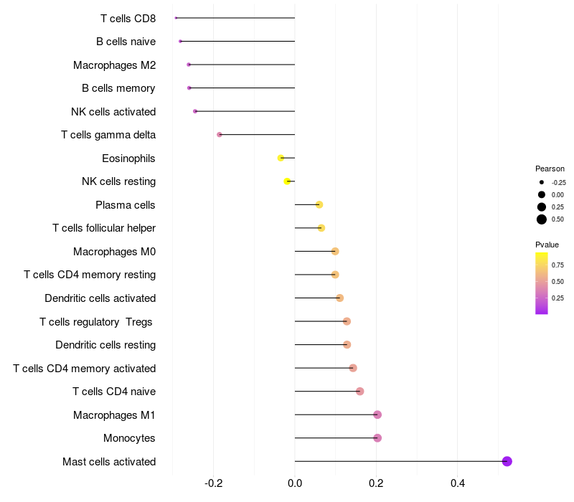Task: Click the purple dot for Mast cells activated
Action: click(x=507, y=461)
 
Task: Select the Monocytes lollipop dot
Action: click(x=377, y=438)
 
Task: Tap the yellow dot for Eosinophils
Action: click(x=281, y=158)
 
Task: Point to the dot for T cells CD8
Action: click(x=176, y=18)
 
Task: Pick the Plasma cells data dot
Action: click(x=319, y=204)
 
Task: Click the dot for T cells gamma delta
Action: click(x=220, y=135)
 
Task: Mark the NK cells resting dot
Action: click(x=287, y=181)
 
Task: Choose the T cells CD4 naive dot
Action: click(x=360, y=392)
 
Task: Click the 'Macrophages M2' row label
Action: click(x=114, y=65)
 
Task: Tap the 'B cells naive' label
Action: click(x=126, y=42)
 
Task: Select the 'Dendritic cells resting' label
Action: click(x=105, y=345)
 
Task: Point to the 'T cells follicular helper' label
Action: click(x=104, y=228)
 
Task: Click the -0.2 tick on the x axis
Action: click(x=214, y=483)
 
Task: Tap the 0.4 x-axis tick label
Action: click(x=457, y=483)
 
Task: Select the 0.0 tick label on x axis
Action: click(x=295, y=483)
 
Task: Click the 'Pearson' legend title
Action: click(x=550, y=169)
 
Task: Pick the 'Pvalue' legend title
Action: click(x=547, y=245)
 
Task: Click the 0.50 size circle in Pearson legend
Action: click(x=542, y=219)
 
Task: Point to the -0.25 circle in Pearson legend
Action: click(x=542, y=182)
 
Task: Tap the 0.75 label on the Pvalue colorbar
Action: click(x=557, y=265)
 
